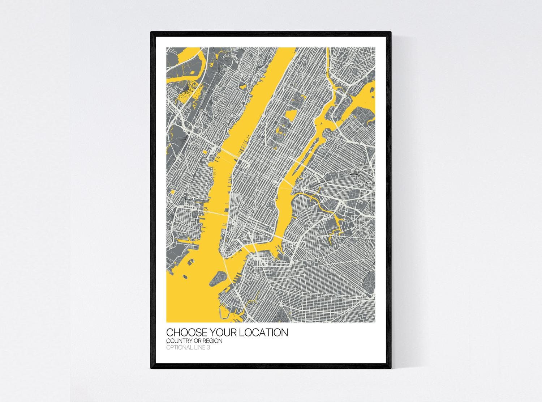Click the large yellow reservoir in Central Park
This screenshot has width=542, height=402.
(x=291, y=115)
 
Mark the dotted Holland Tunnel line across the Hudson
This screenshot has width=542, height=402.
(x=215, y=213)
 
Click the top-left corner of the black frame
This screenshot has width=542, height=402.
(x=152, y=33)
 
